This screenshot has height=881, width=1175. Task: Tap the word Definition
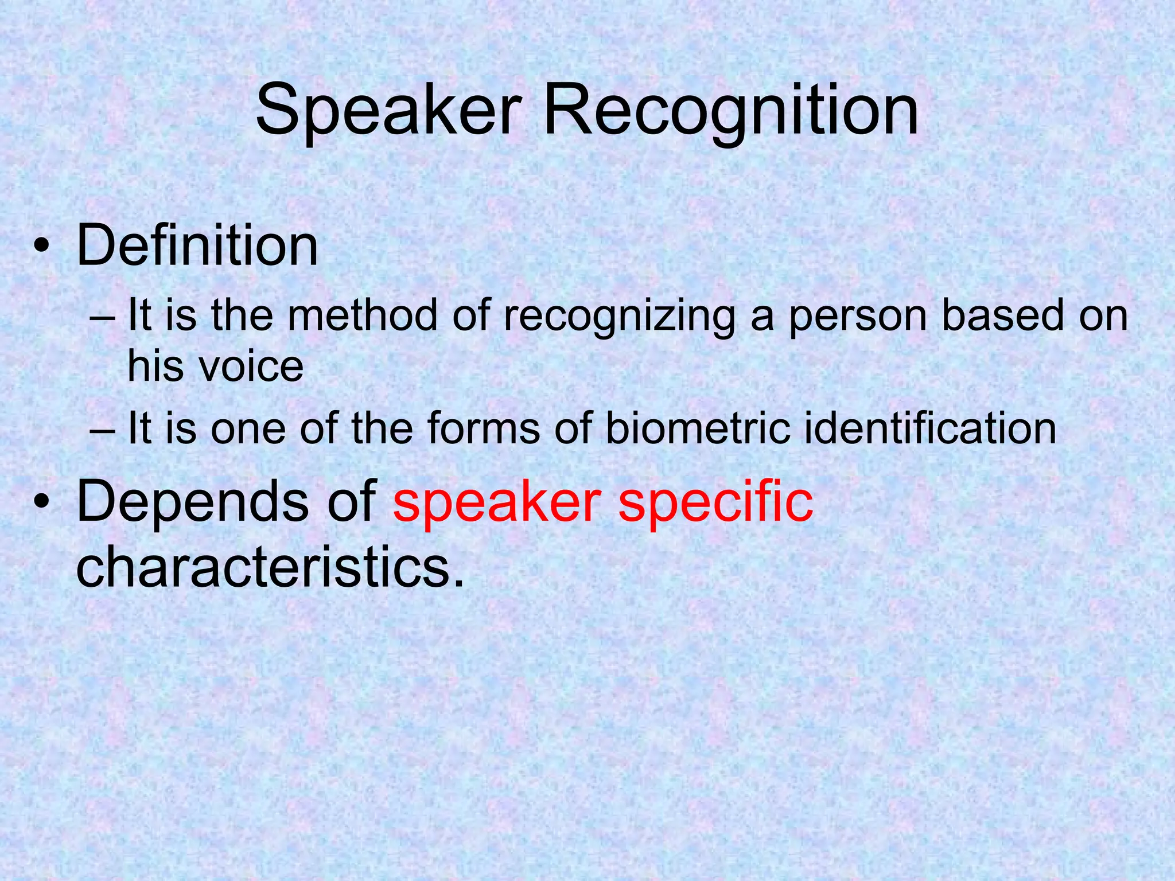[197, 247]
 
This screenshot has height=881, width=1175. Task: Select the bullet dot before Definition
[41, 248]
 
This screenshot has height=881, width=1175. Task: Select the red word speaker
[497, 502]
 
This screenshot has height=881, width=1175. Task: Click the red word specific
[715, 502]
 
